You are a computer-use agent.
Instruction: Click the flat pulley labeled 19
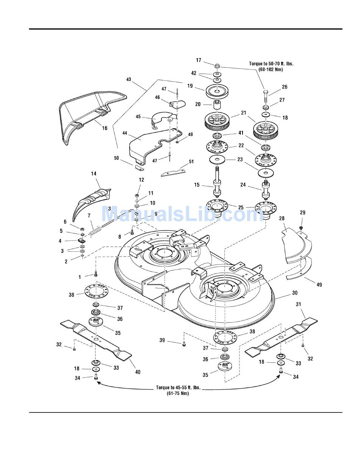point(217,91)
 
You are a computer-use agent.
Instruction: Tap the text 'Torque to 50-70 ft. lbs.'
point(271,64)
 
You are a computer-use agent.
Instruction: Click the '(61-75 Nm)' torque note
point(178,394)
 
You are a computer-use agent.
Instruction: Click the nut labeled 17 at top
point(217,66)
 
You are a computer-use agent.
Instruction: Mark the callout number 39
point(163,340)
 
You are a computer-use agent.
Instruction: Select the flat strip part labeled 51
point(173,173)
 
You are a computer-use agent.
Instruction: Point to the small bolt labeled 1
point(96,274)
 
